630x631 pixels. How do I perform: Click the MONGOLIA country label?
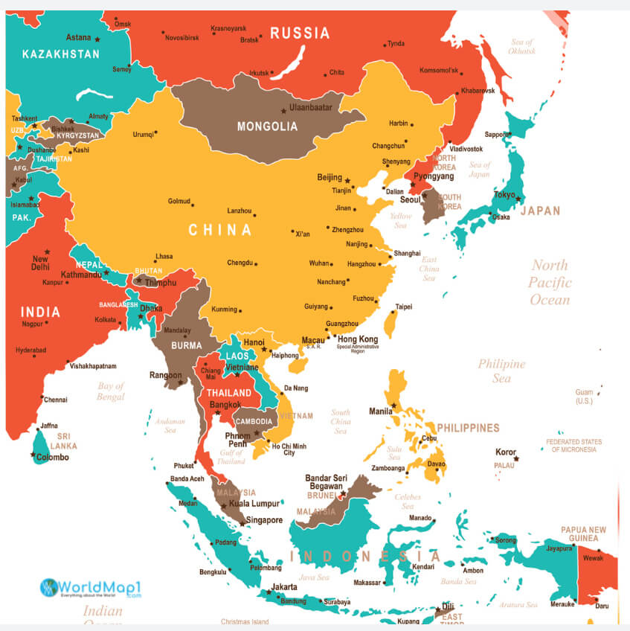click(x=267, y=126)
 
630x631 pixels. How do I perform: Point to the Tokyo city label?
click(x=504, y=196)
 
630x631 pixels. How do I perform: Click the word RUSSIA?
click(x=300, y=33)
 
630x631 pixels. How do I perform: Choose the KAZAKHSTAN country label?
click(x=61, y=54)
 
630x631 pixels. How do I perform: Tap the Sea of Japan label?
click(x=480, y=170)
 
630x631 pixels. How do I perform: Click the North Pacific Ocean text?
click(x=550, y=283)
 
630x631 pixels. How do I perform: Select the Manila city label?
click(x=381, y=411)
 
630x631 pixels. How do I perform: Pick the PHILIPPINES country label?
click(x=468, y=429)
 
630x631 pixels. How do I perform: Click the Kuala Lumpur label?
click(x=254, y=504)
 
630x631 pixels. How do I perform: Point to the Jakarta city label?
click(x=285, y=586)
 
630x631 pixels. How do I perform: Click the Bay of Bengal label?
click(x=111, y=391)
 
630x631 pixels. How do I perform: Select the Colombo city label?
click(x=52, y=458)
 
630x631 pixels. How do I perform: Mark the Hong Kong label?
click(x=358, y=339)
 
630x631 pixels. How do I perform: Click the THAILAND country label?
click(x=229, y=393)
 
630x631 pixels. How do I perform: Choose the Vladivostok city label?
click(x=466, y=149)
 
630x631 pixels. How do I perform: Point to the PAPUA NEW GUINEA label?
click(x=584, y=534)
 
